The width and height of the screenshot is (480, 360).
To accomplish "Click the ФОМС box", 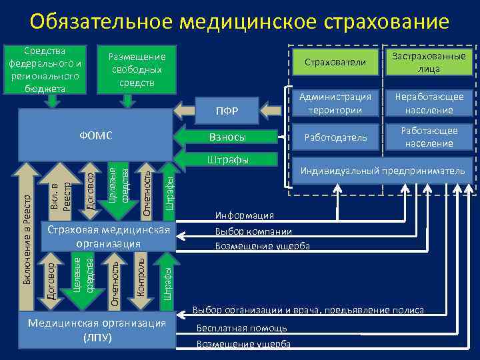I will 93,136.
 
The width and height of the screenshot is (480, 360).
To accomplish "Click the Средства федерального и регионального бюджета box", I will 45,70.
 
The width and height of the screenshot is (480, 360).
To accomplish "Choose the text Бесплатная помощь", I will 241,328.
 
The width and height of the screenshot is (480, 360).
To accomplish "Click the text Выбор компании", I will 253,231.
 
